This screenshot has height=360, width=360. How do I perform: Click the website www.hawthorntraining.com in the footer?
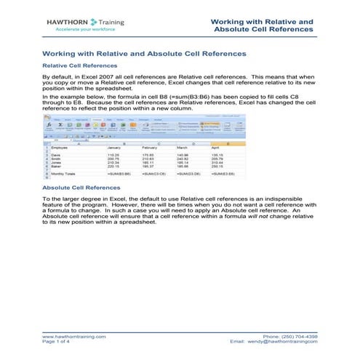pyautogui.click(x=74, y=337)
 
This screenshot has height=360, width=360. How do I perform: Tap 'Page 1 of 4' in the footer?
pyautogui.click(x=58, y=342)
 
